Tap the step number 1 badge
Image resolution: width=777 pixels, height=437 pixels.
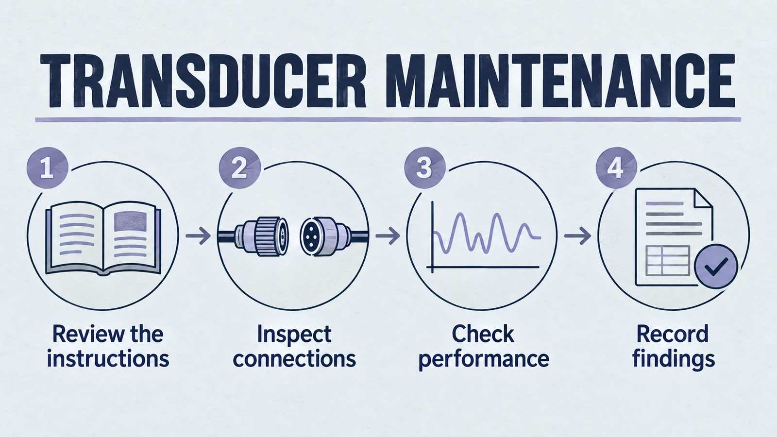coord(47,168)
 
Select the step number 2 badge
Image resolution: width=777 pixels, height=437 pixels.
coord(240,168)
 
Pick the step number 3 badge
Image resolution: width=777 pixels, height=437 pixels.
coord(424,168)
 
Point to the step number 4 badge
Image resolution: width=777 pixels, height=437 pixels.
coord(616,168)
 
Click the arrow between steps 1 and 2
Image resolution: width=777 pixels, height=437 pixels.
coord(198,236)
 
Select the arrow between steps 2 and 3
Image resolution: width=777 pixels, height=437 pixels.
coord(388,236)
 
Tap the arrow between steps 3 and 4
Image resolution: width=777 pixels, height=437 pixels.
coord(577,236)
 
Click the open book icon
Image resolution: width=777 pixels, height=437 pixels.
coord(103,239)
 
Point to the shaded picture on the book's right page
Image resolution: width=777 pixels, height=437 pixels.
coord(131,222)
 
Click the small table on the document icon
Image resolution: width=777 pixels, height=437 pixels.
coord(667,260)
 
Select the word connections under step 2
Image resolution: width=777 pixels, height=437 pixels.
coord(294,359)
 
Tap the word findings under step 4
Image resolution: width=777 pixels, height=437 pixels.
coord(674,360)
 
